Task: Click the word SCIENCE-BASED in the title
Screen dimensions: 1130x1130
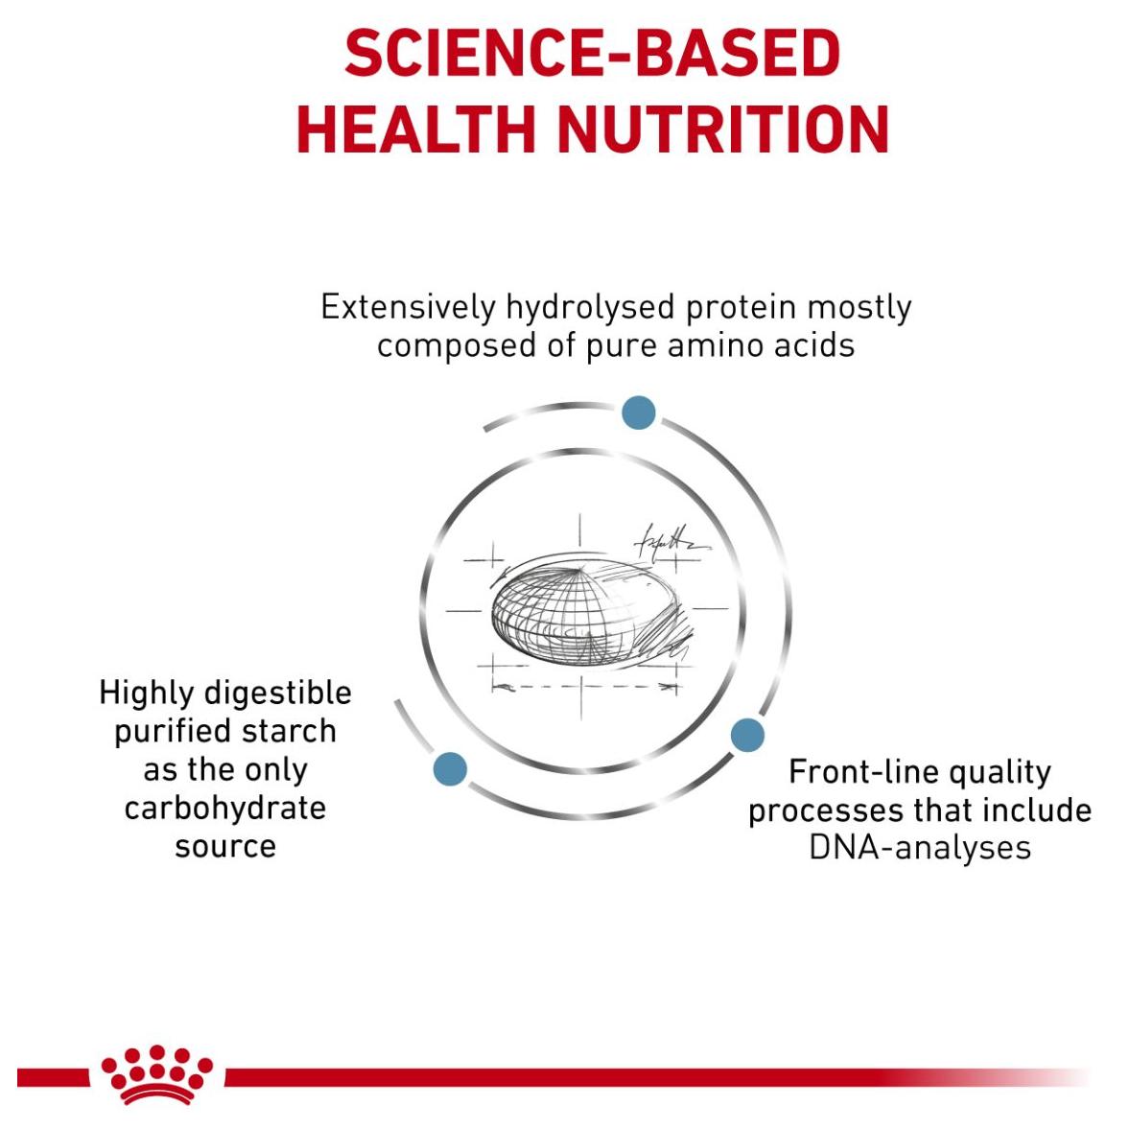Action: [593, 53]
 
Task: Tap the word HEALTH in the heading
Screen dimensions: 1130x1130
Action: [415, 129]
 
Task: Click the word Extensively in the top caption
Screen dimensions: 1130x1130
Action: [408, 307]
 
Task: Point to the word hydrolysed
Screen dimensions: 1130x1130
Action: [590, 309]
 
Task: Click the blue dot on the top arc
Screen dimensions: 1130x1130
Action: [639, 412]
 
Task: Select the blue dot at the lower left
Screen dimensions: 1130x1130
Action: [451, 769]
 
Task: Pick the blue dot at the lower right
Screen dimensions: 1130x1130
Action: [747, 735]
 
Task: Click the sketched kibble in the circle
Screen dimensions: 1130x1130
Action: [587, 609]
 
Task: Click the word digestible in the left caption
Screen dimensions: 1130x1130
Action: [278, 694]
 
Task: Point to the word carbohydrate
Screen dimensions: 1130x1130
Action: [225, 809]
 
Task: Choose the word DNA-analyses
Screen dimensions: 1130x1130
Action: [920, 848]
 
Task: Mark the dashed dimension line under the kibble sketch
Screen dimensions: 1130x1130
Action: [585, 687]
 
